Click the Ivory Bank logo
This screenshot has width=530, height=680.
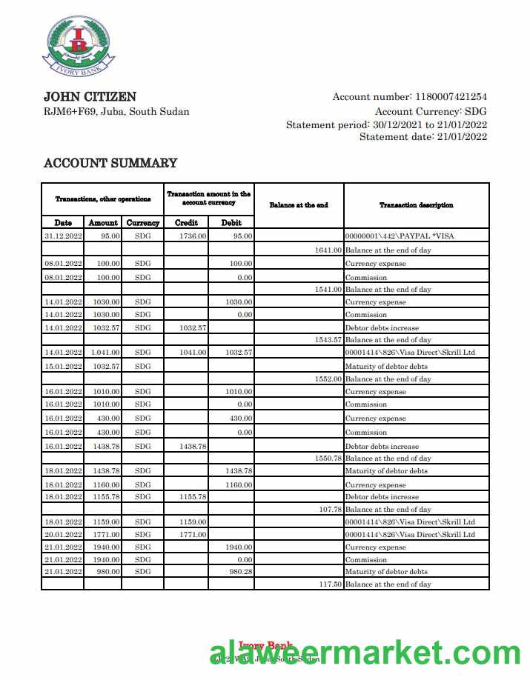pyautogui.click(x=79, y=44)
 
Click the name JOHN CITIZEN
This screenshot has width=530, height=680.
pyautogui.click(x=90, y=97)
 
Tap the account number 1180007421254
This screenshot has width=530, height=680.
pyautogui.click(x=451, y=97)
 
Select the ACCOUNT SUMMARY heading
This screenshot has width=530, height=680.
pyautogui.click(x=110, y=163)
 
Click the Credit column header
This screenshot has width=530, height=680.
pyautogui.click(x=186, y=222)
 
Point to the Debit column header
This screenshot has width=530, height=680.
pyautogui.click(x=231, y=222)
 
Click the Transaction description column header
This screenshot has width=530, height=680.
pyautogui.click(x=416, y=205)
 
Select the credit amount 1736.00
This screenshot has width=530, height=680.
pyautogui.click(x=193, y=236)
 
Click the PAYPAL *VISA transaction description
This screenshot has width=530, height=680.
pyautogui.click(x=400, y=236)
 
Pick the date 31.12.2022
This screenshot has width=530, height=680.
pyautogui.click(x=63, y=236)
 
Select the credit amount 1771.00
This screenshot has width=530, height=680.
pyautogui.click(x=193, y=534)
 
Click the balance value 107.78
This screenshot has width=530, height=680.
pyautogui.click(x=329, y=510)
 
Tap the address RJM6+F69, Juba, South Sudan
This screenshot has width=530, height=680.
pyautogui.click(x=116, y=112)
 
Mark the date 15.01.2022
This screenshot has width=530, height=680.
pyautogui.click(x=63, y=366)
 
